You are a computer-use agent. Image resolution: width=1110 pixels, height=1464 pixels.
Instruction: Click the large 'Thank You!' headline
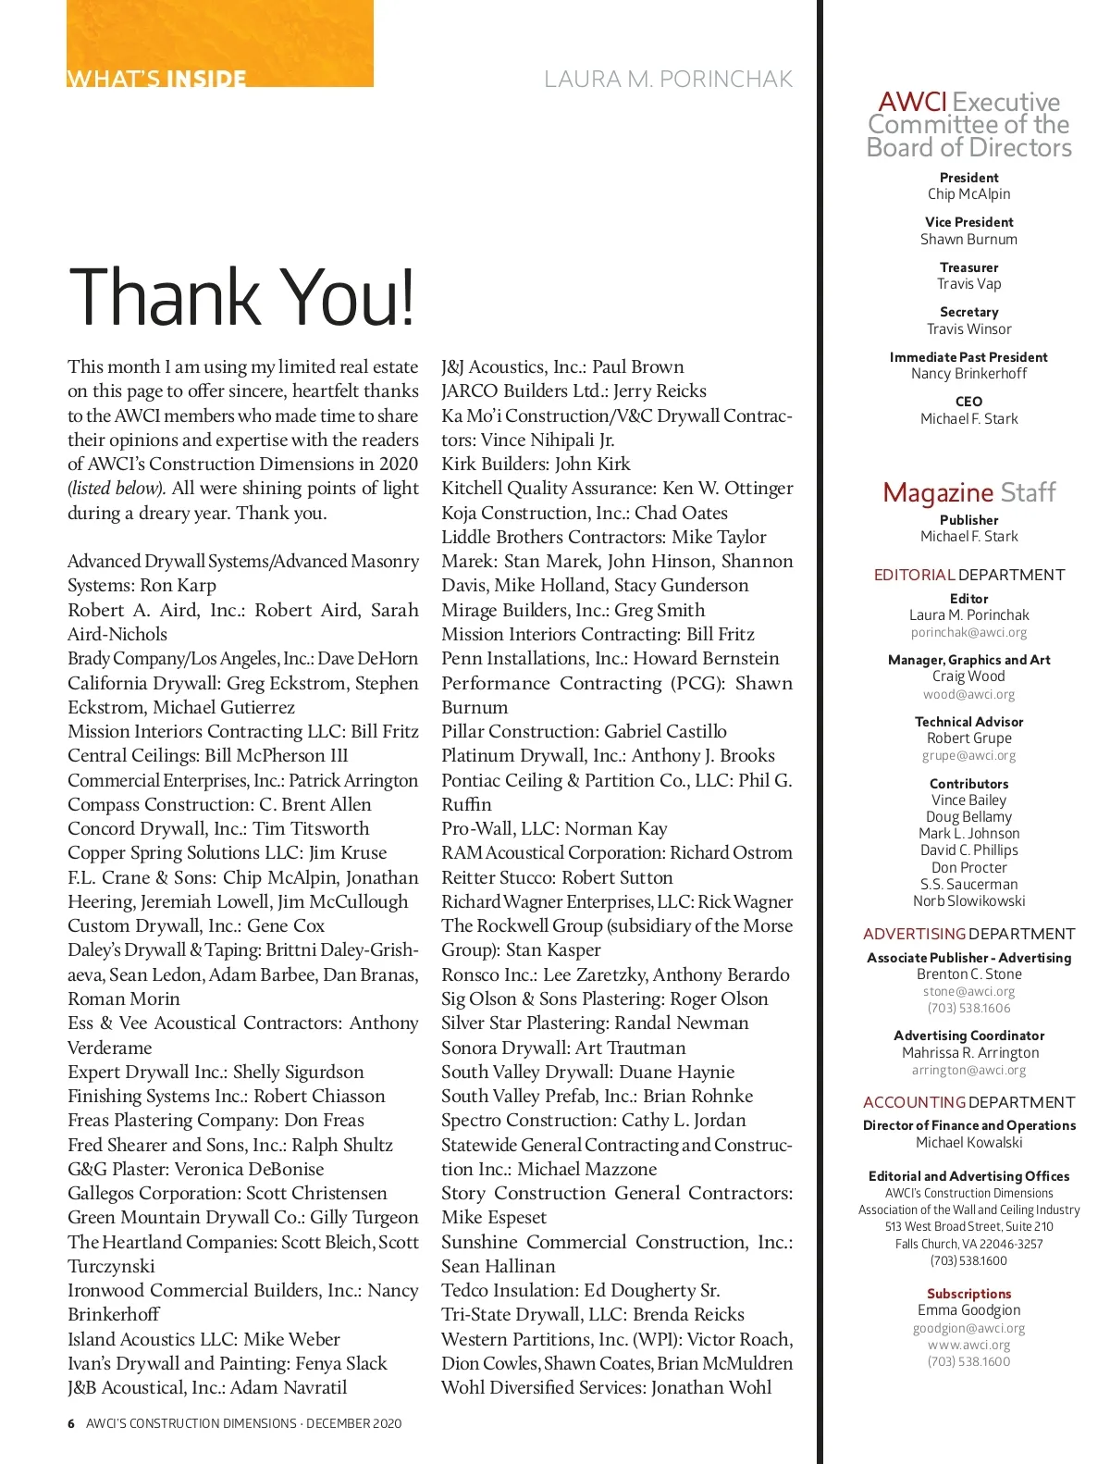241,297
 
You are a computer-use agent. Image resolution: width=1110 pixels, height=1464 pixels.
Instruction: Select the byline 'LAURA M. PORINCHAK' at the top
668,80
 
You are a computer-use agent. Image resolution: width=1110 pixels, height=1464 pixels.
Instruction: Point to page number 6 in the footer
71,1423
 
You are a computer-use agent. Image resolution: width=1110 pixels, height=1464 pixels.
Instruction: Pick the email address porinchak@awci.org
968,632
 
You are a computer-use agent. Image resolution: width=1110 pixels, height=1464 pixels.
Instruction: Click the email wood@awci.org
968,694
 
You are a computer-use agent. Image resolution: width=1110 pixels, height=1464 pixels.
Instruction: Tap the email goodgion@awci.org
968,1328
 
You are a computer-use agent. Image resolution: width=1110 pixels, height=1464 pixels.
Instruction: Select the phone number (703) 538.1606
968,1008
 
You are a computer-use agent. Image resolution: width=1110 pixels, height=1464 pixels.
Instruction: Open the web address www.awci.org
968,1345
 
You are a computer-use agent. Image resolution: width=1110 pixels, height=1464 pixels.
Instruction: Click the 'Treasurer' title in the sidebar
968,267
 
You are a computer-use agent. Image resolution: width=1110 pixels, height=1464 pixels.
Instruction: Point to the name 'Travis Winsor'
968,329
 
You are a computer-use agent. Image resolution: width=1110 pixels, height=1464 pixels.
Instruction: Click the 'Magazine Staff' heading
968,492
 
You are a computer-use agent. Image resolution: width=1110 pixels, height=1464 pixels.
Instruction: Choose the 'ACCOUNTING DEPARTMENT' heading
968,1102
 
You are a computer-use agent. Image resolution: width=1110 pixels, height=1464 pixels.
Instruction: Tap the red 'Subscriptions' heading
968,1294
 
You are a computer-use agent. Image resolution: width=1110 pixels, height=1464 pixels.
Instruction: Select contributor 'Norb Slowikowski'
968,900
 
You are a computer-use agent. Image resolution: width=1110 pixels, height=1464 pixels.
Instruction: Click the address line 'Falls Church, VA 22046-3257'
968,1244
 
